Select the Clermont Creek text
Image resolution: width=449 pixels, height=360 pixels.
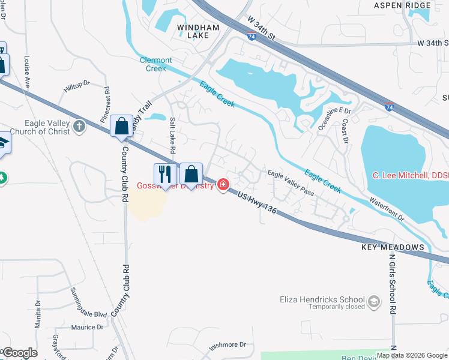coord(156,64)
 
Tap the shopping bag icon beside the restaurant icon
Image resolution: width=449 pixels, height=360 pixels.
coord(191,174)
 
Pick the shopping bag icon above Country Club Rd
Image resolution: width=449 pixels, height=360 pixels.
coord(121,126)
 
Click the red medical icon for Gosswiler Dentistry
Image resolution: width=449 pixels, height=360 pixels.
coord(223,184)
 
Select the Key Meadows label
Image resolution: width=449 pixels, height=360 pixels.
coord(393,247)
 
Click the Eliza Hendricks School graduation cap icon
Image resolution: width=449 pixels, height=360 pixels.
coord(374,300)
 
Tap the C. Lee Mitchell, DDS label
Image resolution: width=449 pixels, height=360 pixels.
coord(411,175)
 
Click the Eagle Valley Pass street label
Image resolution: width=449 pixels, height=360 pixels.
coord(291,182)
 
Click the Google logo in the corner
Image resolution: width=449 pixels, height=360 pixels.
coord(19,353)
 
